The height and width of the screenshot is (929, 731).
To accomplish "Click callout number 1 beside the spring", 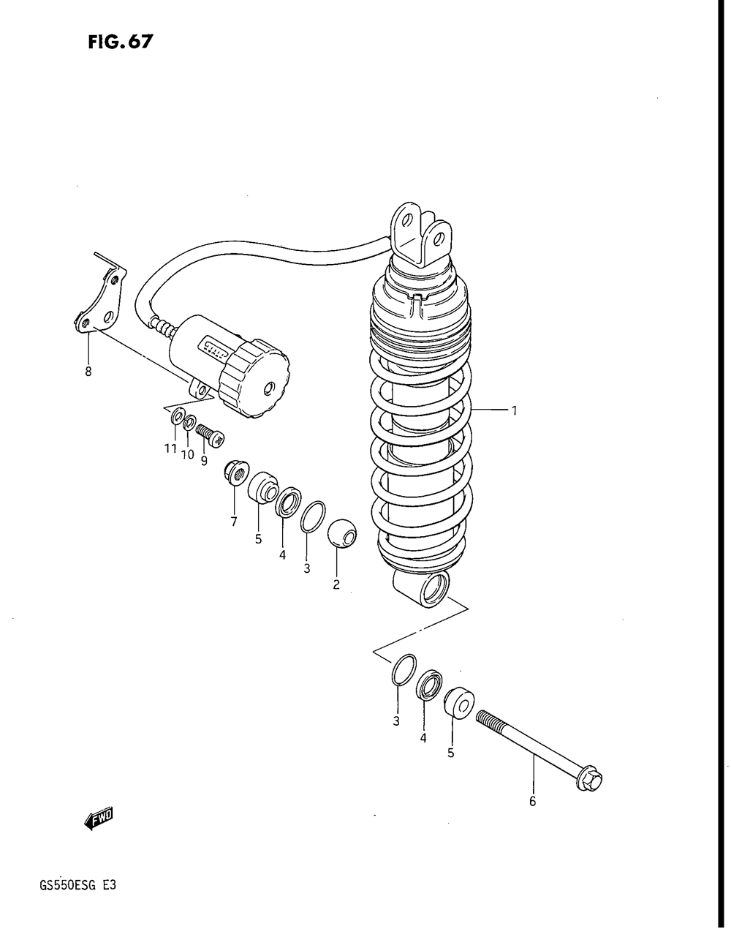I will click(514, 411).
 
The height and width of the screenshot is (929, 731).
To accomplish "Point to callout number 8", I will click(88, 371).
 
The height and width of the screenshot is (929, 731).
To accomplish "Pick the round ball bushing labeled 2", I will click(341, 534).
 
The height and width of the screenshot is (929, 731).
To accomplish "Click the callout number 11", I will click(170, 448).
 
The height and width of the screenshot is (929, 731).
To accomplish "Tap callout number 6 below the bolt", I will click(532, 801).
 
